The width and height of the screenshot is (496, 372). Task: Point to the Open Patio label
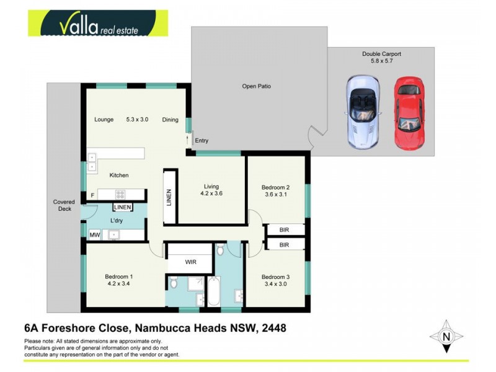point(256,86)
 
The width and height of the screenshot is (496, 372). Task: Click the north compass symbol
point(446,337)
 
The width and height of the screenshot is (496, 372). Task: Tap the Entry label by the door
point(201,141)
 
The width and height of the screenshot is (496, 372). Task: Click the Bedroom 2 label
point(276,187)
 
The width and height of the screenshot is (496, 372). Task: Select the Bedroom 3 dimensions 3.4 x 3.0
point(276,284)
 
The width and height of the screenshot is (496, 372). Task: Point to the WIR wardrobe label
point(190,262)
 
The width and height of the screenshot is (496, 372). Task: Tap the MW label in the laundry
point(94,235)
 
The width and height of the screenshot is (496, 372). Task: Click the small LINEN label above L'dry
point(123,207)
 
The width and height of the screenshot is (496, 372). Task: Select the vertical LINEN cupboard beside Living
point(169,197)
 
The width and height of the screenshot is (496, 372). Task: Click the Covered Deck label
point(64,205)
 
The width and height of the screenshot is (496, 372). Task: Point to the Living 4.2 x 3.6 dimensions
point(212,193)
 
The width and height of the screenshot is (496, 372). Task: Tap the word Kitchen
point(119,175)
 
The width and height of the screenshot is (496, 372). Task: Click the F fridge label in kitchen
point(92,195)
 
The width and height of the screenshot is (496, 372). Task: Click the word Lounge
point(104,120)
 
